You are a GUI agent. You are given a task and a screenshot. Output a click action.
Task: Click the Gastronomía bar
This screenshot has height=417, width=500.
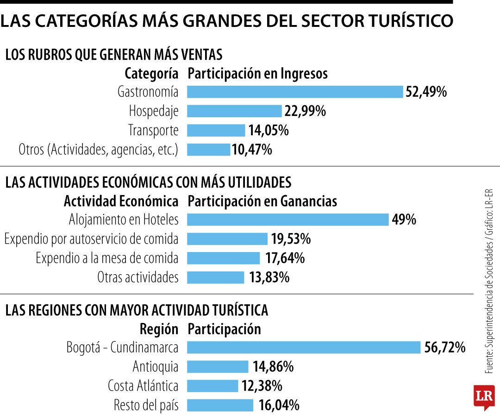pos(295,92)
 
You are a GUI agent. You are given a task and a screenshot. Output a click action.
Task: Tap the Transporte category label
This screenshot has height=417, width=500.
pos(153,131)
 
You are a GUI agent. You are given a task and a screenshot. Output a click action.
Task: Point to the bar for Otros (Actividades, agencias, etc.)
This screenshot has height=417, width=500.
pos(208,150)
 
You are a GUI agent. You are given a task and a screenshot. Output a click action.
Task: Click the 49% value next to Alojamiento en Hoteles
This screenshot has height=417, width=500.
pos(404,220)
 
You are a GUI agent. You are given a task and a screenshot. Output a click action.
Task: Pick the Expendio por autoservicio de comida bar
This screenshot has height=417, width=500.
pos(227,239)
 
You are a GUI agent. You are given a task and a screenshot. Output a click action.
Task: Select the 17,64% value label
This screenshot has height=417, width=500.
pos(285,258)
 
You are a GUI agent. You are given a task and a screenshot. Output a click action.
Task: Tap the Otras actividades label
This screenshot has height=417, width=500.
pos(137,278)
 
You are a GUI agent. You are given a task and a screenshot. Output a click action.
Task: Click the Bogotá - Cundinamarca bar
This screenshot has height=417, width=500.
pos(304,347)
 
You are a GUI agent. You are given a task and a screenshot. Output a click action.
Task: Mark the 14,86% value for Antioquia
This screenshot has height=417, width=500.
pos(273,367)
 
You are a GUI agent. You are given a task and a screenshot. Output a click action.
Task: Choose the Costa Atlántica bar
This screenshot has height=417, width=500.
pos(212,386)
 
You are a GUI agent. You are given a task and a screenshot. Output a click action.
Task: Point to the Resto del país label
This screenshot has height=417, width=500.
pos(146,405)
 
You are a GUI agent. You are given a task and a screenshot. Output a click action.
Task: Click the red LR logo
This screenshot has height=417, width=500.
pos(484,397)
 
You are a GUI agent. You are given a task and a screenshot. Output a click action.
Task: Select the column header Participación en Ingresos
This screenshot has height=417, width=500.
pos(257,74)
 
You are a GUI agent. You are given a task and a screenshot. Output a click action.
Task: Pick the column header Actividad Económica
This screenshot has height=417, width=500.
pos(121,202)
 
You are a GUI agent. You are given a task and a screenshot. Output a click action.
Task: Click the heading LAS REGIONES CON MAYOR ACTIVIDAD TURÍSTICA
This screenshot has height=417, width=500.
pos(137,310)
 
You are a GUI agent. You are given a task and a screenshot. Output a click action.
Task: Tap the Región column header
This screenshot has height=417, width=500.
pos(159,329)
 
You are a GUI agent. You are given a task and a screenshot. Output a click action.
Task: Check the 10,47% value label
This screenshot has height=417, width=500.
pos(252,150)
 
